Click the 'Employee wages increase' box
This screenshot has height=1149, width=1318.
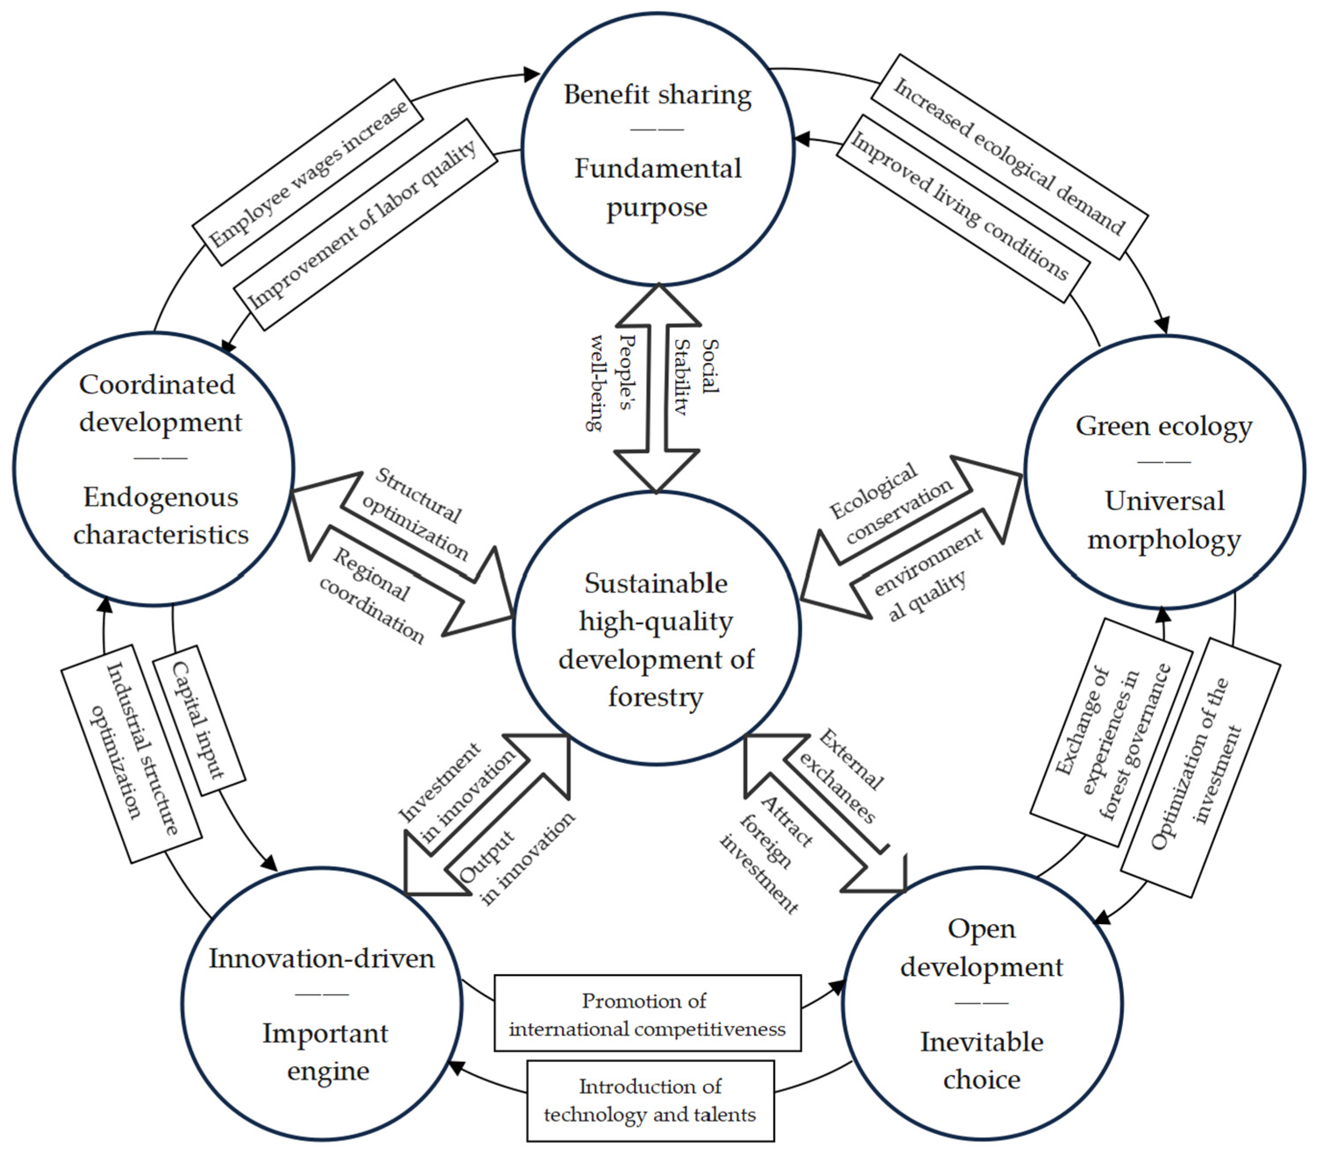click(308, 172)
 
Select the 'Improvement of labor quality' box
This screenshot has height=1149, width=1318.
click(365, 224)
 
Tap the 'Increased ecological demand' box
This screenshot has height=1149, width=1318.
click(1009, 156)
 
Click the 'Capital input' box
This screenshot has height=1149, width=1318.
click(199, 720)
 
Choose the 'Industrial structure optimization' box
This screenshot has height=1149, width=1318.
click(131, 753)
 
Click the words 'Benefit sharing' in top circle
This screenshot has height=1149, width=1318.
click(658, 95)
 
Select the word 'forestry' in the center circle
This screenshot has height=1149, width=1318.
click(656, 697)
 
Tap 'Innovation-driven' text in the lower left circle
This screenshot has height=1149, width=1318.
click(322, 958)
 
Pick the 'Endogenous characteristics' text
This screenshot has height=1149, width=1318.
click(160, 516)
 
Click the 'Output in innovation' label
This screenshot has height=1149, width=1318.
click(516, 859)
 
